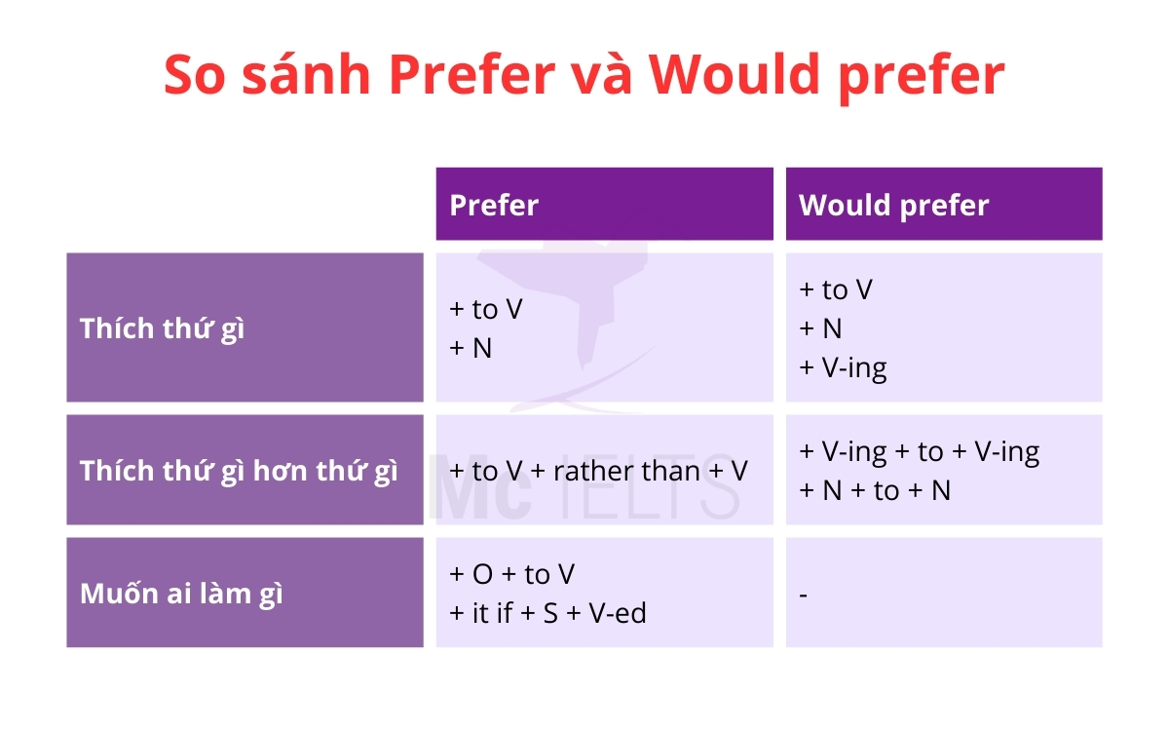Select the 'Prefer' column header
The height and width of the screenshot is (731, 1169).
tap(494, 205)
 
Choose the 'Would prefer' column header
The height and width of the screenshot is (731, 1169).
tap(893, 205)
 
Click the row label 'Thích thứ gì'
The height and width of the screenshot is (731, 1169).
tap(163, 328)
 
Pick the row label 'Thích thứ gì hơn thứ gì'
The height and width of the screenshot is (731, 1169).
tap(239, 471)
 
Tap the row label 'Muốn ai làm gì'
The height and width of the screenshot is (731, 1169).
tap(181, 594)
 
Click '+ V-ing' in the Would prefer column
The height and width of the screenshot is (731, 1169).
tap(843, 368)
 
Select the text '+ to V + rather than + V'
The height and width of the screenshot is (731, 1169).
tap(598, 471)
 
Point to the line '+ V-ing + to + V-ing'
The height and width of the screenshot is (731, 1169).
tap(919, 451)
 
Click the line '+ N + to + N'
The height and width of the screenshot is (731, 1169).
tap(874, 490)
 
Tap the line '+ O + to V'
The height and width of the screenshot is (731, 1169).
tap(511, 574)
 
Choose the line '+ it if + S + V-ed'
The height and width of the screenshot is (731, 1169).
tap(547, 613)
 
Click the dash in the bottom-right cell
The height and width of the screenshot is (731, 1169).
tap(804, 594)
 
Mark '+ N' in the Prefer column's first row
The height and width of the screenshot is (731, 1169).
tap(471, 348)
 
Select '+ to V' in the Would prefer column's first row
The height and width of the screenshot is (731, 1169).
tap(835, 289)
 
